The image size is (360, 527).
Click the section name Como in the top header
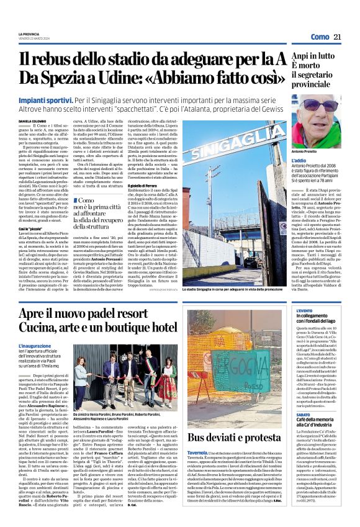320,37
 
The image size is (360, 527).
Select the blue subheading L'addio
300,161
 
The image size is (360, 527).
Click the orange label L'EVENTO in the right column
305,310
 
